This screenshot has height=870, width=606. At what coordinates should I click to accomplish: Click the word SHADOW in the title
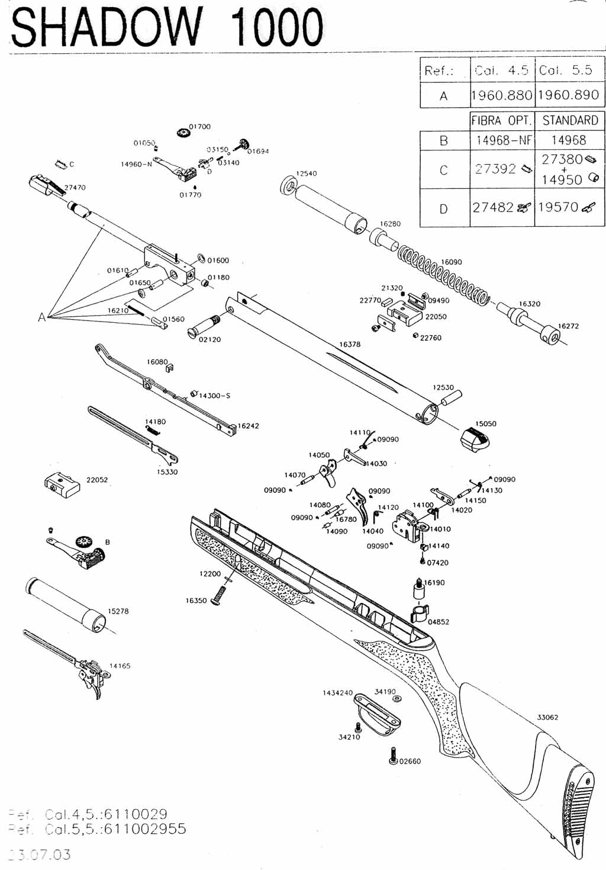(107, 28)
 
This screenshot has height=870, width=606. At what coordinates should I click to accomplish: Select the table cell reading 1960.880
(502, 95)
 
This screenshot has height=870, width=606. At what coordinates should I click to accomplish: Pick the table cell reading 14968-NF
(502, 140)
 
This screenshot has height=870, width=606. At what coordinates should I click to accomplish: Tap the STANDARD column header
(570, 120)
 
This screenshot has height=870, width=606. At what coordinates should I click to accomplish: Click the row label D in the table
(444, 208)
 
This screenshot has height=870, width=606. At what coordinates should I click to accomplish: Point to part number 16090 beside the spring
(452, 262)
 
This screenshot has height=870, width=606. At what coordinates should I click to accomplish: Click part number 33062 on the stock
(547, 717)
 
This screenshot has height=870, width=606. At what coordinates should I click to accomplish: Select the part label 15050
(486, 424)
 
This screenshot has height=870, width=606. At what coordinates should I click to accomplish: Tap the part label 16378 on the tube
(350, 344)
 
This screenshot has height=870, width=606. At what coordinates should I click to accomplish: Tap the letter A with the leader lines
(41, 317)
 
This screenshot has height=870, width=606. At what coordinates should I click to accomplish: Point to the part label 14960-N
(136, 164)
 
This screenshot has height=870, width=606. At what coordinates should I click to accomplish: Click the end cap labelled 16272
(552, 336)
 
